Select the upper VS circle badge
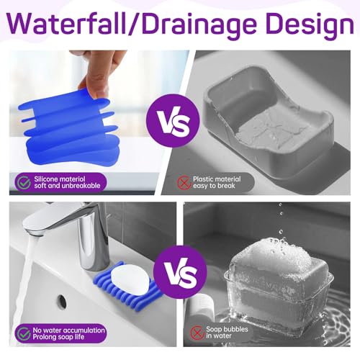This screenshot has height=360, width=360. pos(173,121)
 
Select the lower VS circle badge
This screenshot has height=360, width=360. pos(180,271)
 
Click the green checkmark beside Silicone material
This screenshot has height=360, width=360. pos(24,183)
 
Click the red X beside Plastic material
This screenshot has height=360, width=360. pos(184,183)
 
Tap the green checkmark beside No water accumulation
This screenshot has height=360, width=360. pos(24,333)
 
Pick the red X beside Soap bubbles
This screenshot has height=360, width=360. pos(197,333)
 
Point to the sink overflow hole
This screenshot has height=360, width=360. pos(62,300)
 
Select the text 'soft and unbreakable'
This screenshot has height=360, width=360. pos(67,186)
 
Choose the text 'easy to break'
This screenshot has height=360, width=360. pos(214,186)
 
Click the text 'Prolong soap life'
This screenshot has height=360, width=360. pos(58,337)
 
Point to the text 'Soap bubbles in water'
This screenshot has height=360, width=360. pos(227,333)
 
